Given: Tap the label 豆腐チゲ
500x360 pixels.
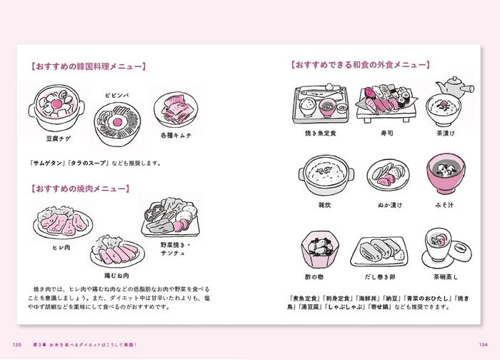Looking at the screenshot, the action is (x=59, y=139).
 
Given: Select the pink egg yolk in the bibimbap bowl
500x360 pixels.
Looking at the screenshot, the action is (x=117, y=122).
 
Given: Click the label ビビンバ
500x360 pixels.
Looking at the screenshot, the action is (x=117, y=95).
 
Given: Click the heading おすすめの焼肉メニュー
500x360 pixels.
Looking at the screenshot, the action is (x=81, y=189).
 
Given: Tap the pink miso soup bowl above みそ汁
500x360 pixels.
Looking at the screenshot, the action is (x=446, y=174).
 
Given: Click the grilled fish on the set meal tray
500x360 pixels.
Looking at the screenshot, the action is (x=322, y=92).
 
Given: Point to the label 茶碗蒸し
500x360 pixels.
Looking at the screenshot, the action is (x=445, y=276).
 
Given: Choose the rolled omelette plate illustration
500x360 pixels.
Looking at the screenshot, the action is (x=379, y=251).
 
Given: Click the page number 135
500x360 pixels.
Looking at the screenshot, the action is (x=17, y=344).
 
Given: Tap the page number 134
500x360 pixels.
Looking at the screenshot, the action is (x=483, y=344).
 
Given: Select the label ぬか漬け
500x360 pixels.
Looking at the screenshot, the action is (x=390, y=205).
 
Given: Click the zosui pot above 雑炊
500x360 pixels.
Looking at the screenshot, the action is (x=326, y=175).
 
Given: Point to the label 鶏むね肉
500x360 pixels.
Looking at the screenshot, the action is (x=116, y=275).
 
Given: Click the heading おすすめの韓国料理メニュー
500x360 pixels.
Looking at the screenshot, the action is (x=89, y=66).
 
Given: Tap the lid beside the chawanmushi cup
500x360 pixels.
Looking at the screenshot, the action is (x=460, y=251).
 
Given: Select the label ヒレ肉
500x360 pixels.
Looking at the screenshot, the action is (x=61, y=247).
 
